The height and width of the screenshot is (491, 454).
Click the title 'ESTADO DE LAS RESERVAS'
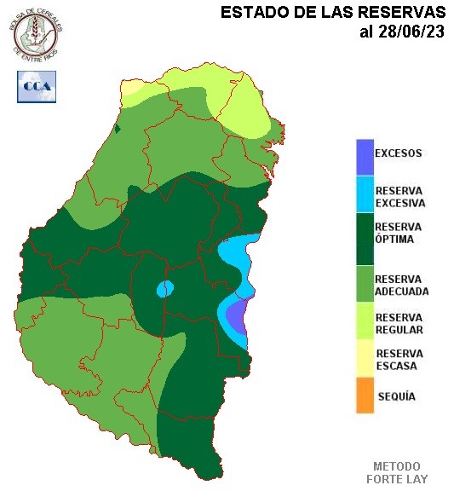click(x=333, y=13)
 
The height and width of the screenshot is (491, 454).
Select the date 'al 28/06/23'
click(x=402, y=32)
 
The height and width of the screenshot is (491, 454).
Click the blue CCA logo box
click(x=36, y=86)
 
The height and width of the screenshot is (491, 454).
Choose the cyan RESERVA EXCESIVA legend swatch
click(x=365, y=195)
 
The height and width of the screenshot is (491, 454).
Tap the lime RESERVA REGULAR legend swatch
click(x=365, y=323)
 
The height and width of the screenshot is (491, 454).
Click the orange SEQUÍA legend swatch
click(x=365, y=397)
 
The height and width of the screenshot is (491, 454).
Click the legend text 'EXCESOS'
click(x=399, y=154)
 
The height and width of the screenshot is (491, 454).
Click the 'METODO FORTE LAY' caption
click(x=397, y=473)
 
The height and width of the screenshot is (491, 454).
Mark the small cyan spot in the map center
click(x=164, y=289)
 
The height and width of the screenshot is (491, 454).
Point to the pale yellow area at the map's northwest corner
click(x=135, y=90)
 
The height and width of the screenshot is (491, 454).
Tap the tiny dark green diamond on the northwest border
click(x=118, y=129)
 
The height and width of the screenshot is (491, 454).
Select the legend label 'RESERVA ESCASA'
click(x=399, y=360)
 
